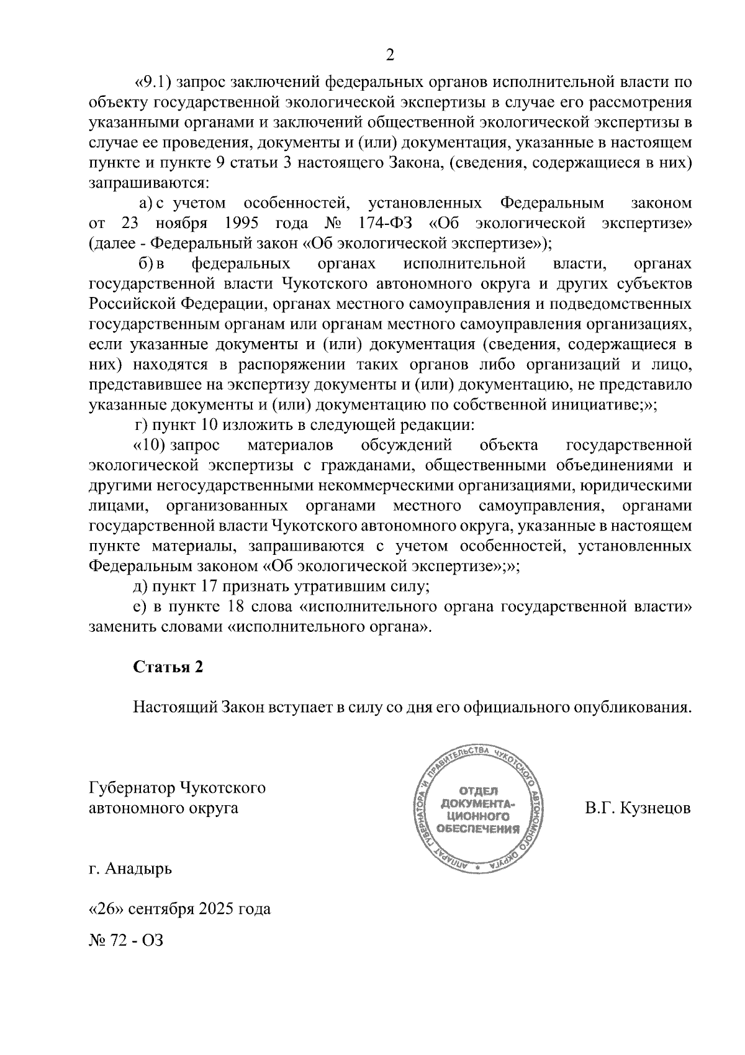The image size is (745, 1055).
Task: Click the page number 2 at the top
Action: coord(390,56)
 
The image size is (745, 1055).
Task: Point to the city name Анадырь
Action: coord(138,868)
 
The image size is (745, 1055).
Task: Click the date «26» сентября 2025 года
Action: coord(180,909)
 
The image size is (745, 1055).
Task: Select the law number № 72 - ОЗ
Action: coord(126,939)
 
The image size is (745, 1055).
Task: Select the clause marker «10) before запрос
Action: coord(149,445)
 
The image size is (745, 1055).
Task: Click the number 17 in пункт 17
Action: coord(209,586)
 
